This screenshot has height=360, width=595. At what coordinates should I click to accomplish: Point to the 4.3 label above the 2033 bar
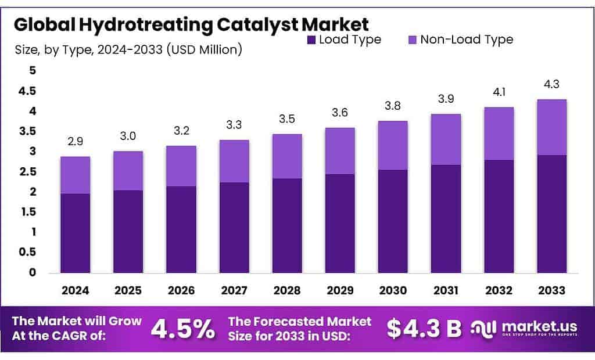click(x=551, y=85)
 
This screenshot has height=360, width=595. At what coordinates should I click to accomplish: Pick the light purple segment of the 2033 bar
click(x=551, y=127)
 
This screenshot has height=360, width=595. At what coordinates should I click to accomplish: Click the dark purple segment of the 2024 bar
click(x=75, y=233)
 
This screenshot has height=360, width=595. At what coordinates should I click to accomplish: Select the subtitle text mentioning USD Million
click(x=128, y=50)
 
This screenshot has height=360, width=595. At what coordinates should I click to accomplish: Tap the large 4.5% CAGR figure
click(x=182, y=329)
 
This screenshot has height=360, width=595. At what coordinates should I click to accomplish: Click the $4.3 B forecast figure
click(x=424, y=329)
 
